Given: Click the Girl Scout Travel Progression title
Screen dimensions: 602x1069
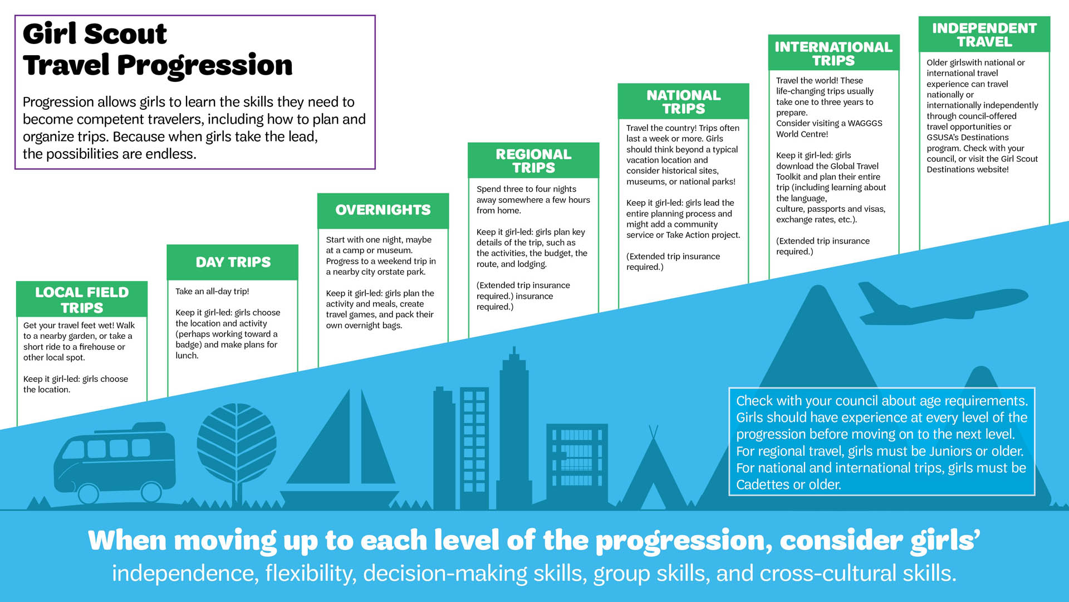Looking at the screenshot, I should pos(158,49).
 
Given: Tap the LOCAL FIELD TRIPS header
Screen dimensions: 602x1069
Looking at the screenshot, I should pos(82,300).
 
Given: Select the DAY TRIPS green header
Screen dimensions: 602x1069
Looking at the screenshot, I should pos(233,262).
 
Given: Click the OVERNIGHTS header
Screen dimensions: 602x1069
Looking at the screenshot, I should pos(383,210).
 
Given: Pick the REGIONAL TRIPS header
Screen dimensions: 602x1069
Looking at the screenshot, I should pos(533,161).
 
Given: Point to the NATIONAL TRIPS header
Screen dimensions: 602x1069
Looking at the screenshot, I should pos(683,101).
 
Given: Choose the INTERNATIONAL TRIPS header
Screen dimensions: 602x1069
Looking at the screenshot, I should pos(833,54).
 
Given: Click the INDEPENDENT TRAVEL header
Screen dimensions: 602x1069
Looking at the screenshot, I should pos(984,35).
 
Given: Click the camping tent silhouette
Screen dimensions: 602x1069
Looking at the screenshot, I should pos(653,474).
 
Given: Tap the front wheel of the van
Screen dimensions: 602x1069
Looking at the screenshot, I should pos(87,493).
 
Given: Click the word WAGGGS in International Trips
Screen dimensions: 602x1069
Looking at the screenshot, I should pos(865,123).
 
